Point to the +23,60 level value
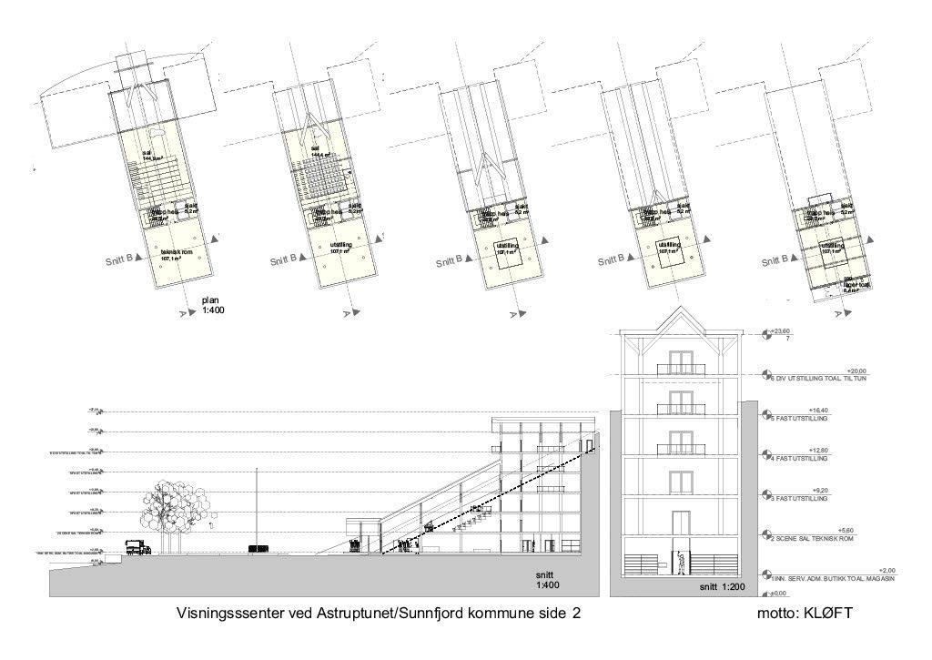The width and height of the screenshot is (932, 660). click(x=779, y=332)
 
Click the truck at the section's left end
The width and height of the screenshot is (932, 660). click(x=137, y=547)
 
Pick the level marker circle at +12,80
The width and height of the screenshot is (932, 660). click(x=765, y=455)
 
